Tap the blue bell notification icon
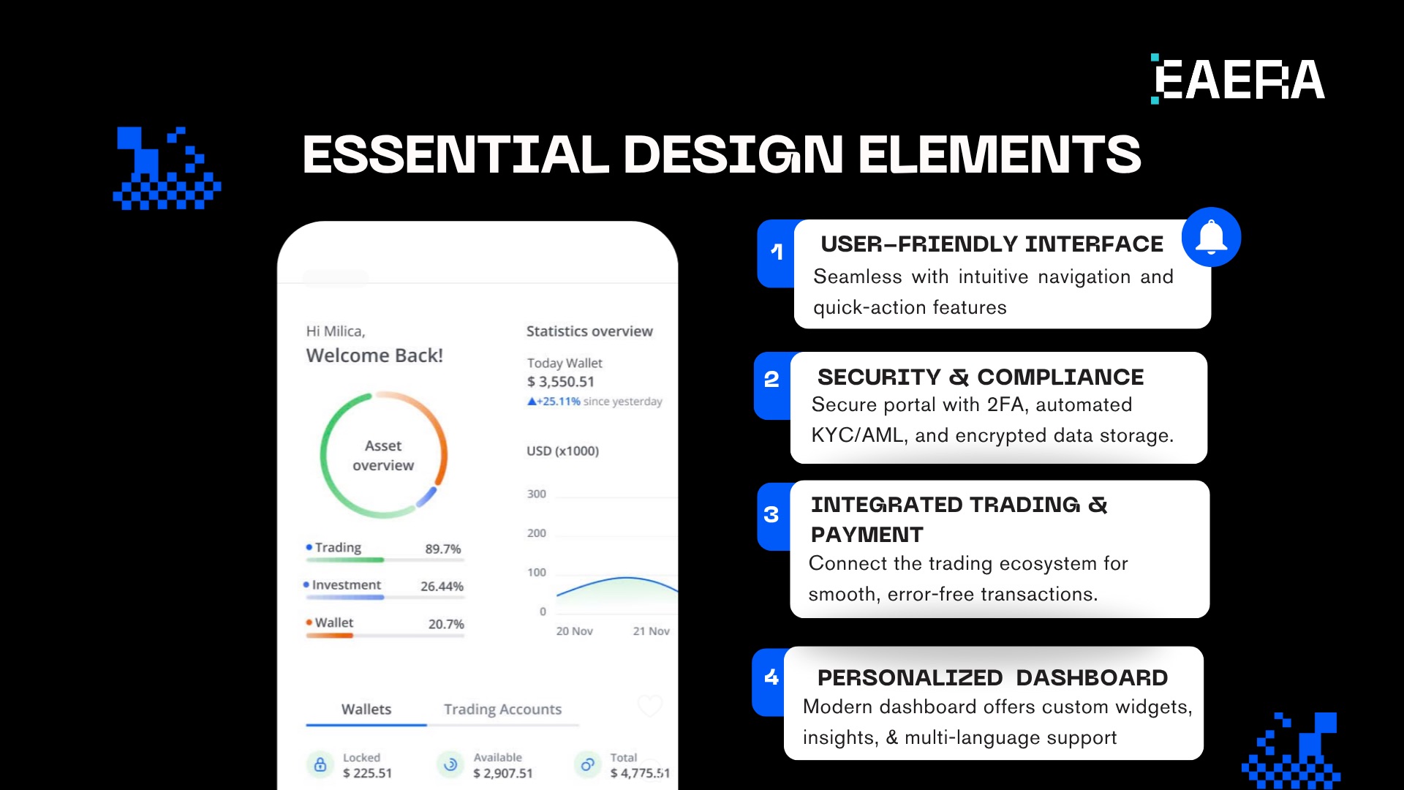pos(1211,237)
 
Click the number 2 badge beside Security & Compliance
pos(771,380)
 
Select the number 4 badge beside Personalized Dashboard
pos(771,677)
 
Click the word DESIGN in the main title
pos(733,154)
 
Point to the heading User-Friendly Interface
pos(992,244)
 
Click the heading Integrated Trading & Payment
pos(958,519)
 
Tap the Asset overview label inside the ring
pos(383,456)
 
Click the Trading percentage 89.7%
pos(443,549)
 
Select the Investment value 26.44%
pos(442,587)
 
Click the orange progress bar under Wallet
pos(330,636)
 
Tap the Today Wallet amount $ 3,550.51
pos(561,382)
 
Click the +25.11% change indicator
pos(554,402)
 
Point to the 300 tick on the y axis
pos(537,494)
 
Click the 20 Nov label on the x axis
pos(574,631)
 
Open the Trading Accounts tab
pos(502,710)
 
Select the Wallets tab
pos(366,710)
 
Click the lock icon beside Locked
pos(320,765)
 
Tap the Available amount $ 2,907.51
pos(503,773)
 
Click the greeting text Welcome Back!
pos(374,355)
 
